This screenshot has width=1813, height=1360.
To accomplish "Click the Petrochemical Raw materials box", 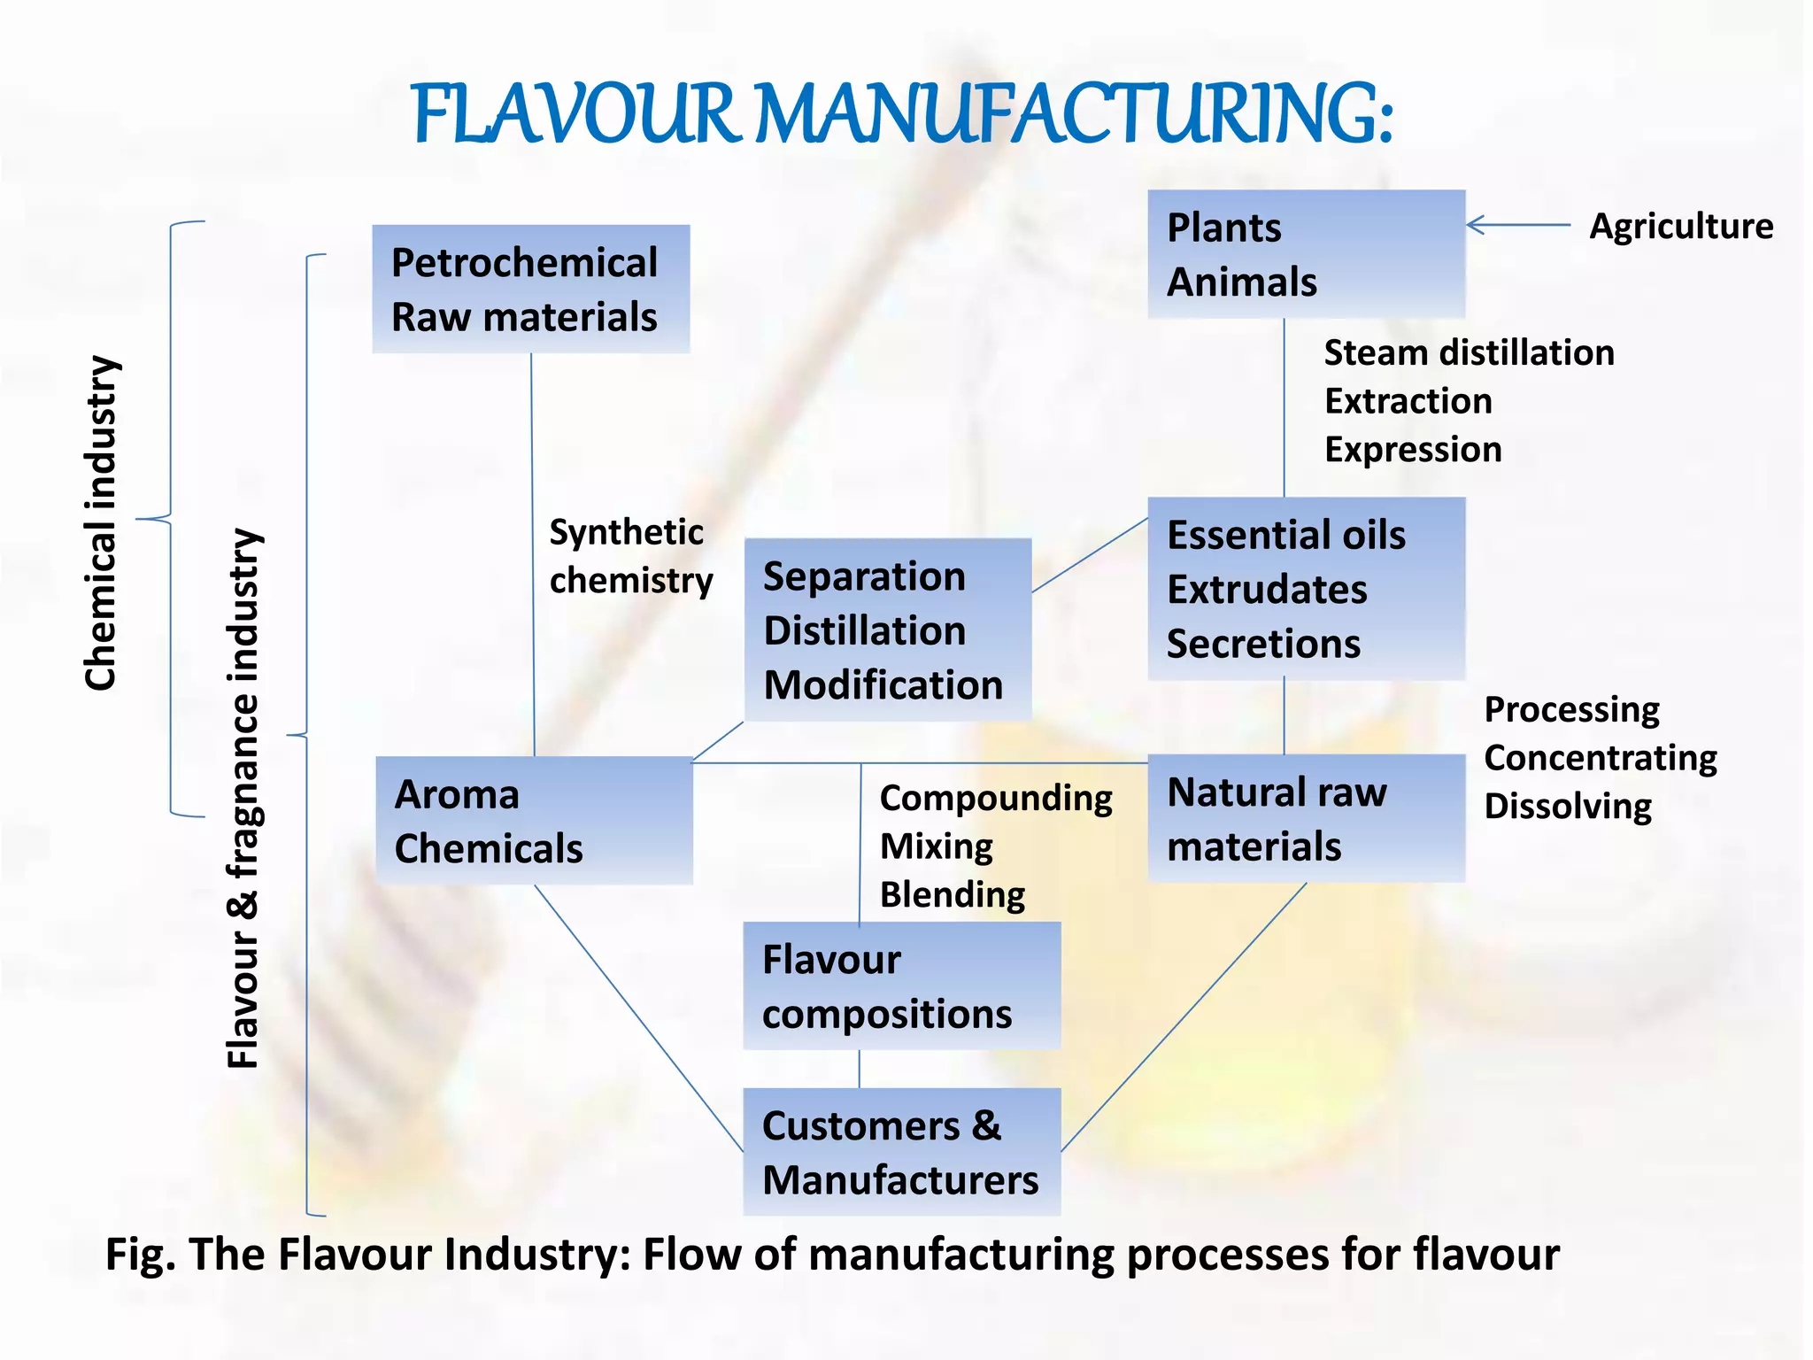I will tap(530, 289).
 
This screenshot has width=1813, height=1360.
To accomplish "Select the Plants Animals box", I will tap(1306, 254).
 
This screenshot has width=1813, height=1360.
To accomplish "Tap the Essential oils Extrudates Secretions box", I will tap(1306, 589).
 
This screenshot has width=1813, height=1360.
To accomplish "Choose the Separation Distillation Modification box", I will tap(887, 630).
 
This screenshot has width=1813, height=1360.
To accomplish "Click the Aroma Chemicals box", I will tap(534, 821).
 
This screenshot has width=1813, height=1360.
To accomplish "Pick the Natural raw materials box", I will tap(1306, 818).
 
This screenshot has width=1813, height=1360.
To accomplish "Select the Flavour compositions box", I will tap(901, 985).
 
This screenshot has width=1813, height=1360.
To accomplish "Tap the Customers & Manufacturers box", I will tap(901, 1152).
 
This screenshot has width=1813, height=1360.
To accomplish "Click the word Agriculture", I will tap(1681, 226).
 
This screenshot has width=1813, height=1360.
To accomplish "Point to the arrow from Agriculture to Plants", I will tap(1518, 225).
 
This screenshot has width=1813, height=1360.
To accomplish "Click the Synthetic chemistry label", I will tap(630, 556).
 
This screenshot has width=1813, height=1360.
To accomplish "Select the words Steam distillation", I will tap(1469, 352).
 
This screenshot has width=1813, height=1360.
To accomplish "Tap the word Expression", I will tap(1413, 449).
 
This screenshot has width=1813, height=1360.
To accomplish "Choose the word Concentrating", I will tap(1601, 758).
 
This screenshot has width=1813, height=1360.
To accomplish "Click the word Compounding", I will tap(996, 798).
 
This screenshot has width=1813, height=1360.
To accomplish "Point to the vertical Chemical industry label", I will tap(101, 522).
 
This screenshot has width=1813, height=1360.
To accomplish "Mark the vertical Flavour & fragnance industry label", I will tap(243, 797).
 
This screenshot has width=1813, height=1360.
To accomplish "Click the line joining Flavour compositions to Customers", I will tap(859, 1070).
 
